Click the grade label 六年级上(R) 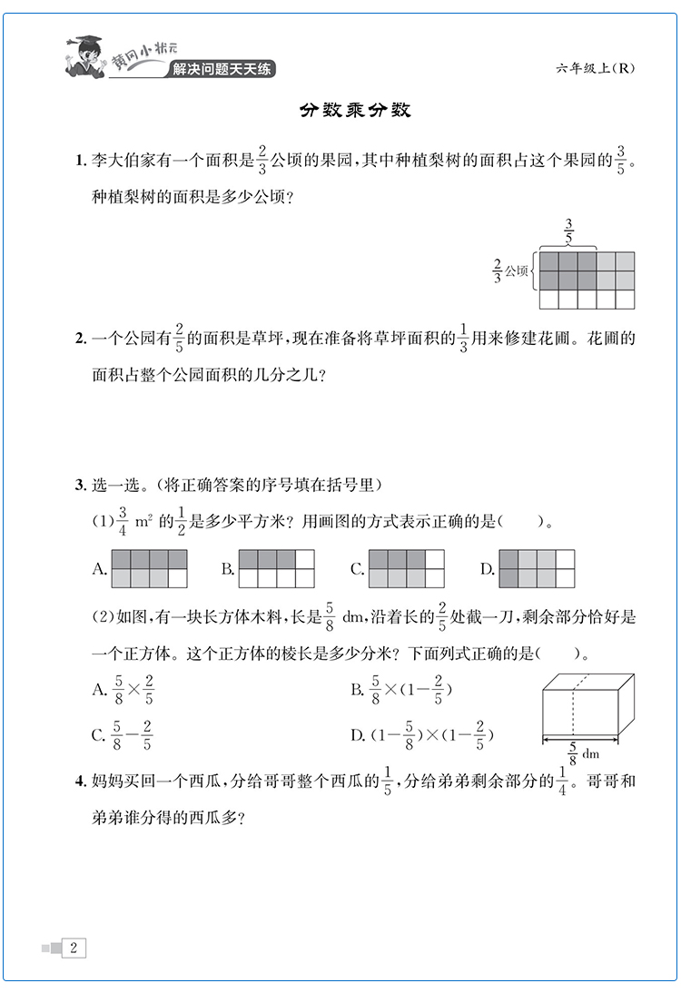[592, 71]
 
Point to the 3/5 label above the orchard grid [568, 231]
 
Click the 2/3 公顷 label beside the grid [510, 270]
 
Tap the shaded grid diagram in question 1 [587, 280]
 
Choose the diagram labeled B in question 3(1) [276, 569]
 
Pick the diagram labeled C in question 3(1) [407, 569]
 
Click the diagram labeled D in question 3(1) [537, 569]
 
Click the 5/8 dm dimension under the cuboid [581, 752]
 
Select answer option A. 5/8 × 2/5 [123, 692]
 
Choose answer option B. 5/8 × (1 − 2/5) [401, 692]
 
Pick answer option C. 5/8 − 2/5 [123, 736]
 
